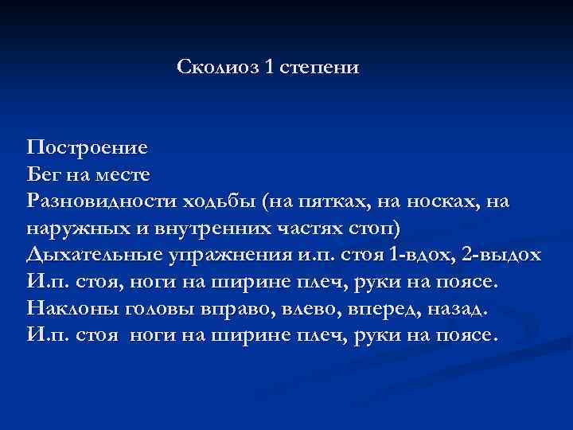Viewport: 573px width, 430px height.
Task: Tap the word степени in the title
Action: tap(322, 68)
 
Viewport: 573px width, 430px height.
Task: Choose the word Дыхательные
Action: tap(95, 255)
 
